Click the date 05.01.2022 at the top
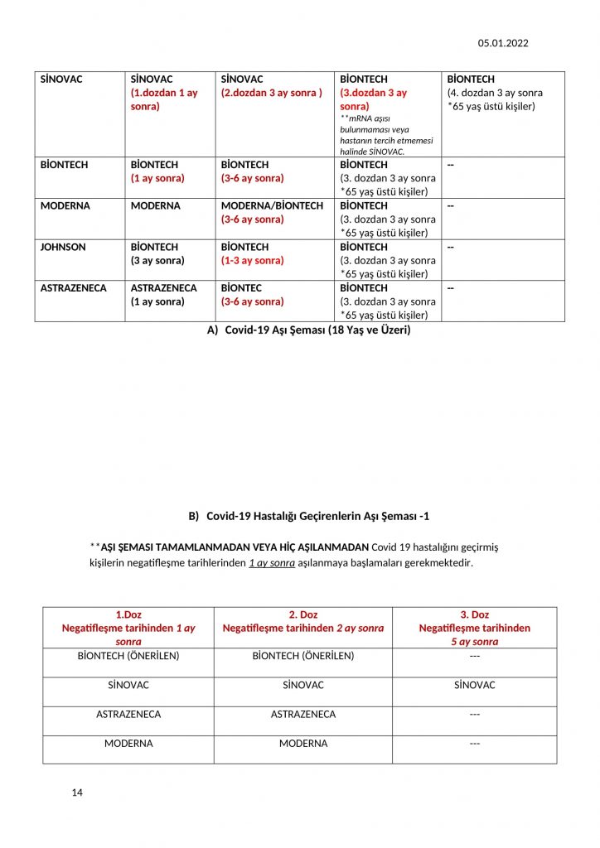[502, 43]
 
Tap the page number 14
[77, 793]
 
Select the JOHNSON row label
[63, 247]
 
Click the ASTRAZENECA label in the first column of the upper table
[74, 288]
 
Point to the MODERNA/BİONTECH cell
[272, 205]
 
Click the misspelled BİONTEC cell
[241, 288]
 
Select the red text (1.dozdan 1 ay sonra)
[164, 99]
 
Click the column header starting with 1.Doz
[128, 628]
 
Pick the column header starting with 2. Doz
[303, 621]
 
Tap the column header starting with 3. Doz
[474, 628]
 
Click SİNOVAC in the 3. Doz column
[474, 685]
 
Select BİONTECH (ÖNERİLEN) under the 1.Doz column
[128, 656]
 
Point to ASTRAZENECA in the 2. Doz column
[303, 714]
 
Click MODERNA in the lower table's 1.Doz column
[128, 743]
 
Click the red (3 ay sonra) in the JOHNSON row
[157, 260]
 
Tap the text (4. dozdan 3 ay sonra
[495, 93]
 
